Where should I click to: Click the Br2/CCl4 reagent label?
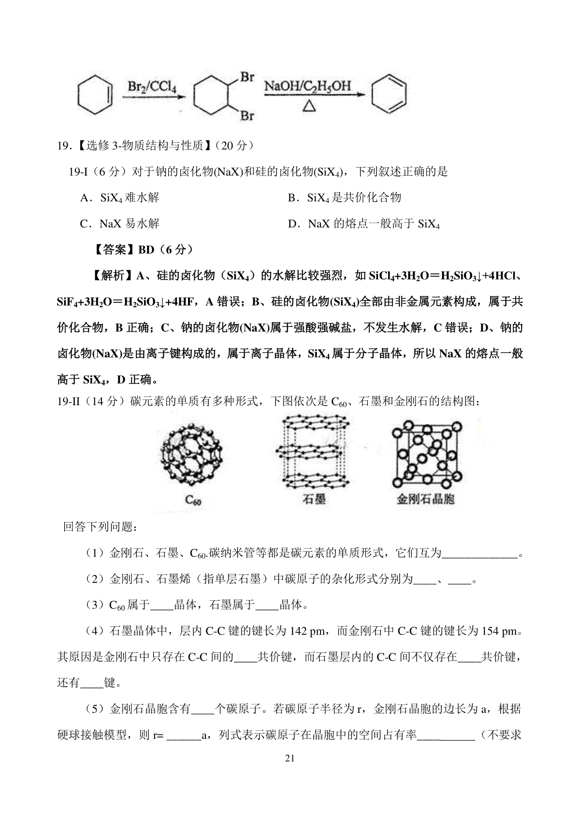pos(152,87)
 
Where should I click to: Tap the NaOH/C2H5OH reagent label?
pos(307,87)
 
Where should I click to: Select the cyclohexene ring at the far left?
pos(96,95)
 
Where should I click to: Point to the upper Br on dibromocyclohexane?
pos(247,77)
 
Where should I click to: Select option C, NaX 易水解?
pos(120,224)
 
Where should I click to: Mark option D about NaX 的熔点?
pos(364,224)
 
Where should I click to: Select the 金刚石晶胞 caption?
pos(425,499)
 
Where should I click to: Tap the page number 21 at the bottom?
pos(290,758)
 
